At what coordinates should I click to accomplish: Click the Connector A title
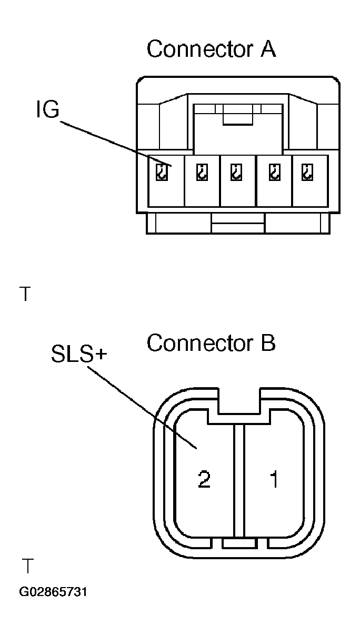pos(211,49)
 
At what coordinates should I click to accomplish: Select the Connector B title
pos(211,344)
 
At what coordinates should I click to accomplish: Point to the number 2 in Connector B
pos(204,480)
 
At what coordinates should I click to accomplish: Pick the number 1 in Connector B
pos(274,480)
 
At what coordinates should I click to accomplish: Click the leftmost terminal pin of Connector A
pos(164,172)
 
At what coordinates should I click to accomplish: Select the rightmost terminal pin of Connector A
pos(307,172)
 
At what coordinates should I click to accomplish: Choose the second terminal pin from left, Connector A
pos(201,172)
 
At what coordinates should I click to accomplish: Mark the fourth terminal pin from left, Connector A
pos(274,172)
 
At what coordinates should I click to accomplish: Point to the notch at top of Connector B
pos(239,402)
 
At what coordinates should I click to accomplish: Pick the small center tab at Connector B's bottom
pos(239,542)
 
